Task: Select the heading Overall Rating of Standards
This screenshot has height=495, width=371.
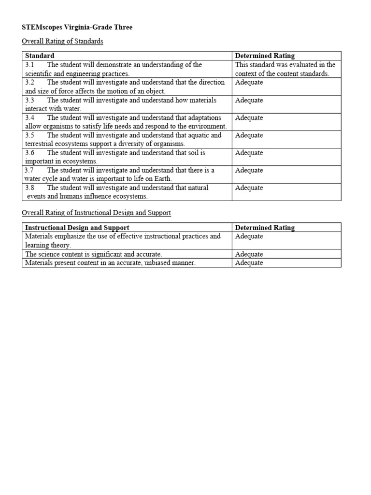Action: [x=62, y=42]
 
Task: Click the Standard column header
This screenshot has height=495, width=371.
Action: [x=40, y=56]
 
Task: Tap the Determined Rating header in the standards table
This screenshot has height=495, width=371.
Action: [x=264, y=56]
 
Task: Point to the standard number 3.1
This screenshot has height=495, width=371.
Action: [x=29, y=65]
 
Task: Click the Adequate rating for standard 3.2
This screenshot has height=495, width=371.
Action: [x=249, y=83]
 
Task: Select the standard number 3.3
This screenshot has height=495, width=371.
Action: [x=29, y=101]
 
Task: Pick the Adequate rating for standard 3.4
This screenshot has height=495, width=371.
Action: [x=249, y=118]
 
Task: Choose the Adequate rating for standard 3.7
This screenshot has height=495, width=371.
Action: [x=249, y=171]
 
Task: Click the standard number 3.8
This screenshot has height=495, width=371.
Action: [x=29, y=188]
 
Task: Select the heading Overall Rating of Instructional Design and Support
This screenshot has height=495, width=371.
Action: [x=96, y=213]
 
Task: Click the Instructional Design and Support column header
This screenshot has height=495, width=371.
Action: [x=77, y=228]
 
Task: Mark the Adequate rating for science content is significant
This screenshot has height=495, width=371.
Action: [x=249, y=254]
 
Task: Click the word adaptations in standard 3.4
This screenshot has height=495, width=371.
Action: [x=203, y=118]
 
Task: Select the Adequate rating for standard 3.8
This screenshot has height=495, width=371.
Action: [x=249, y=188]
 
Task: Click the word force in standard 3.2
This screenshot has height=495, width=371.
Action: [x=72, y=91]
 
